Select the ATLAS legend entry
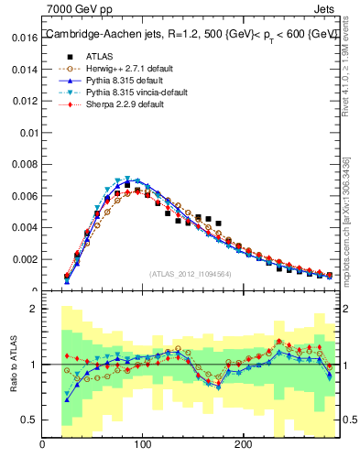point(100,57)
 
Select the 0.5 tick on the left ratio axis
point(27,420)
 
